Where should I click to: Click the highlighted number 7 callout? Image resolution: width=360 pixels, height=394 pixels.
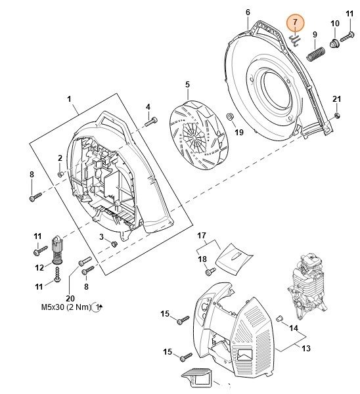pos(295,22)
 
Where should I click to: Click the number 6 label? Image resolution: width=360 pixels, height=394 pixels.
pos(248,12)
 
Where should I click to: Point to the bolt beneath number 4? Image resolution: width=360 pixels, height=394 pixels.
pos(152,121)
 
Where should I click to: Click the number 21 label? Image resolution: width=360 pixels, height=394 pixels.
pos(336,99)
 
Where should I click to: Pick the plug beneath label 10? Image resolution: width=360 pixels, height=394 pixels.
pos(334,44)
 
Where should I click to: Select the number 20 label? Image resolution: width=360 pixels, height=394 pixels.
pos(70,297)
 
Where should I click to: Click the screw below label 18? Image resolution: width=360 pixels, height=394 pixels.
pos(210,271)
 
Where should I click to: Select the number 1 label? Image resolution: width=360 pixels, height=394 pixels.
pos(69,99)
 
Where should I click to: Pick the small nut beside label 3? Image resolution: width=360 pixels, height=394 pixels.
pos(113,244)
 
